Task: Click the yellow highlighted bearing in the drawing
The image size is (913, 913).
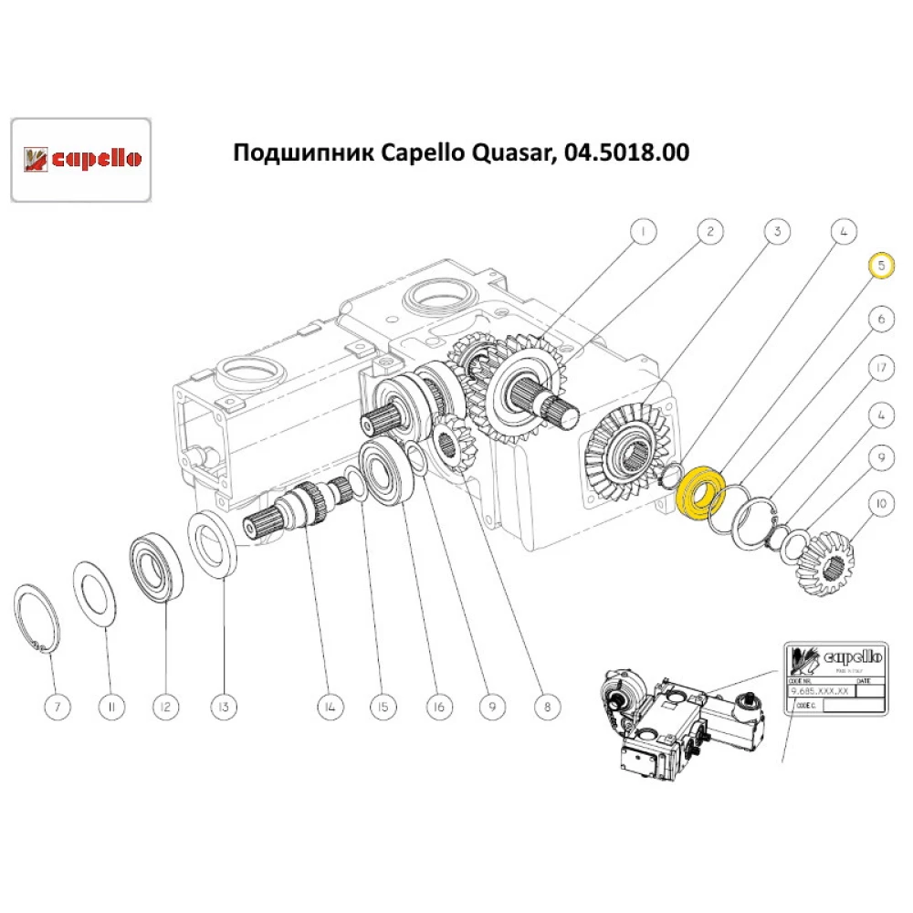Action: coord(702,493)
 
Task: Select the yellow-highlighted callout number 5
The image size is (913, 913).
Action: coord(880,265)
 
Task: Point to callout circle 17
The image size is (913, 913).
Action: coord(880,369)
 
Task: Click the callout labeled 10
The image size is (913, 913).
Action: coord(880,503)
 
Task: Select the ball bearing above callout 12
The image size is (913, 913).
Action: coord(158,567)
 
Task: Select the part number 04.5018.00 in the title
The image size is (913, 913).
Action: coord(627,152)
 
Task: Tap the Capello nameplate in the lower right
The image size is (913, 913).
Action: coord(835,680)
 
